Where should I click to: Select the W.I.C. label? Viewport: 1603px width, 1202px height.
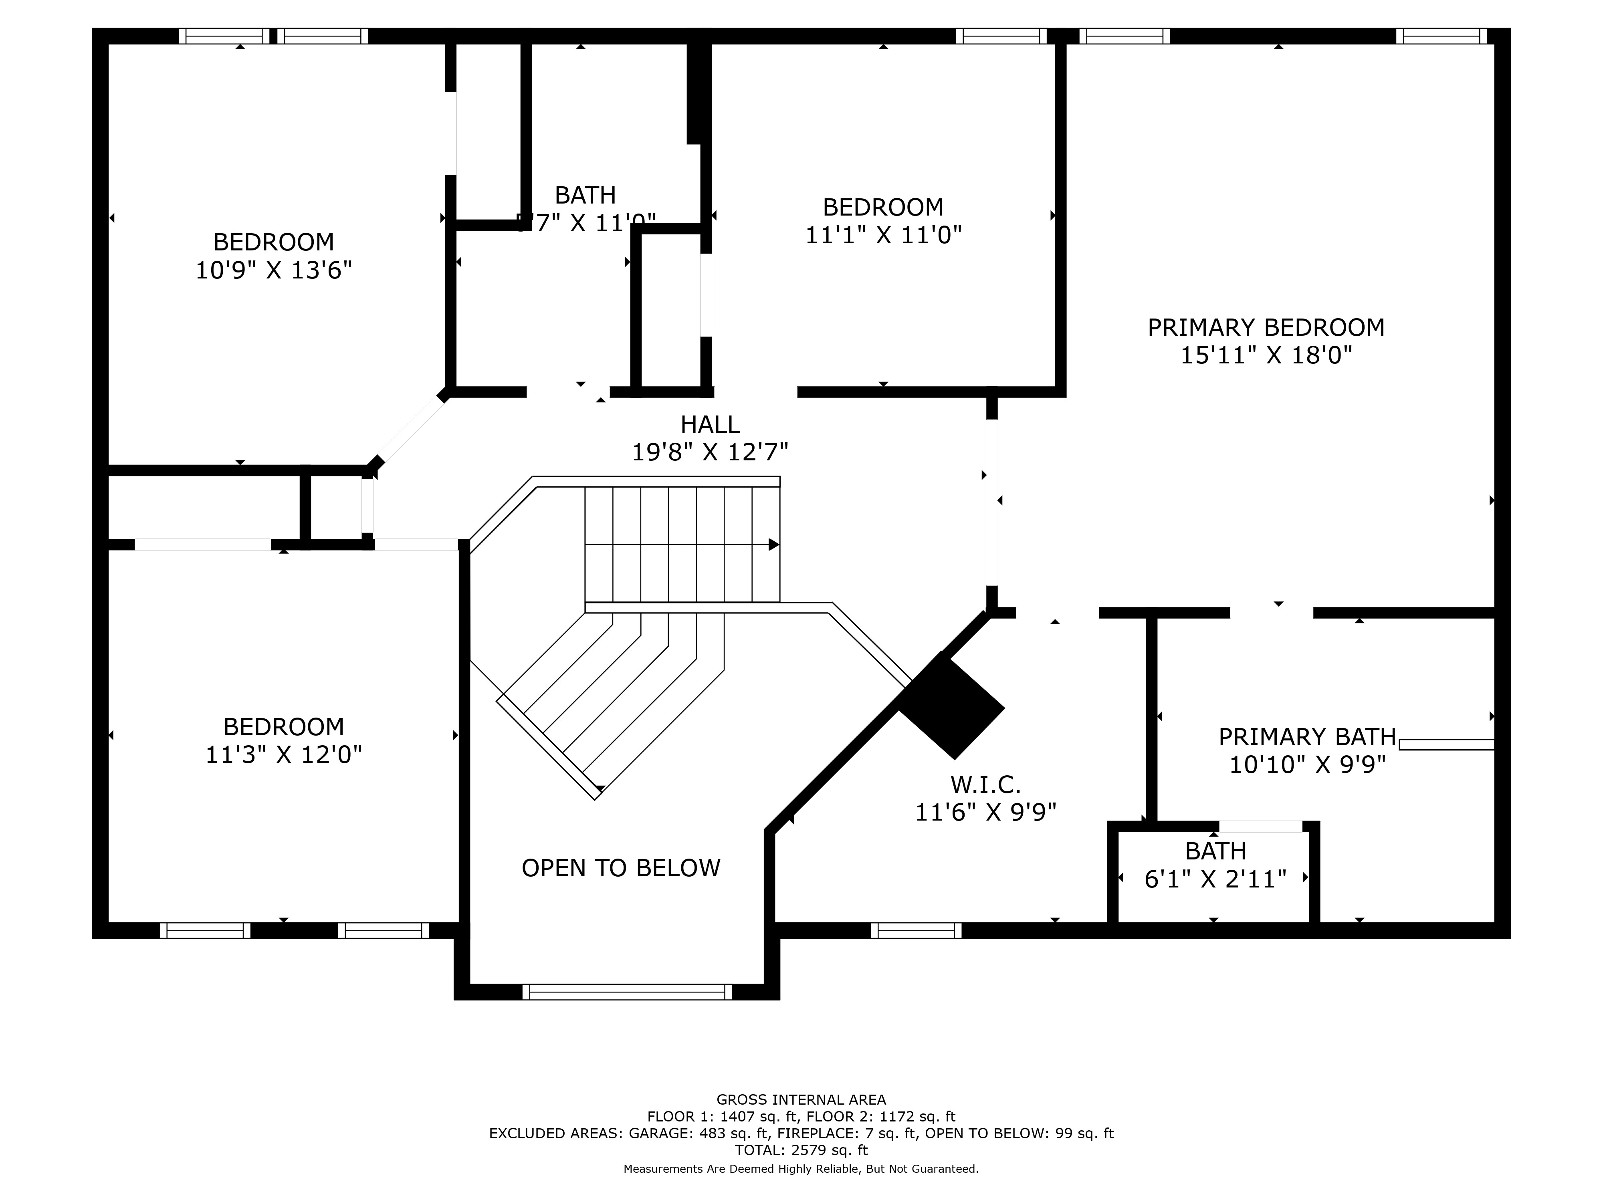point(985,784)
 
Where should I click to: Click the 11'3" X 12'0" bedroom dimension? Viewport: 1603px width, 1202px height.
point(283,755)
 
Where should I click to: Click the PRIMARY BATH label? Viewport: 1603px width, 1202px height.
point(1306,737)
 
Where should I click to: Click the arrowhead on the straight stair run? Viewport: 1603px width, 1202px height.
point(773,544)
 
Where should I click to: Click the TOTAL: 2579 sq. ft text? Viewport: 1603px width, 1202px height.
point(801,1150)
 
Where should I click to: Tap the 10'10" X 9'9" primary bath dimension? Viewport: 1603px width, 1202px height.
point(1306,764)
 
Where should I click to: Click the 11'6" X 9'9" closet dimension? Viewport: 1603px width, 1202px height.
point(985,812)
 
